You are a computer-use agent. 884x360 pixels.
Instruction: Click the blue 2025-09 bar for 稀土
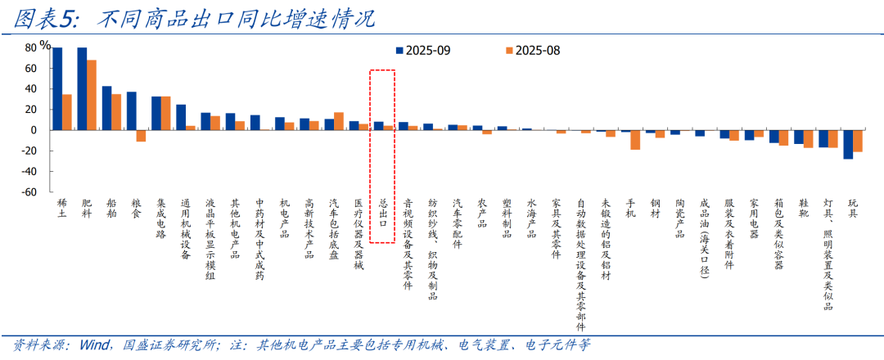tap(57, 88)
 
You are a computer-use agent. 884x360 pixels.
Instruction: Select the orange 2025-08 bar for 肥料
tap(92, 95)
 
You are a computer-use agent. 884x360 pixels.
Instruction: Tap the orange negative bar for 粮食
tap(141, 136)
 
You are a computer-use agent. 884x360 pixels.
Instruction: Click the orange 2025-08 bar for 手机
tap(635, 140)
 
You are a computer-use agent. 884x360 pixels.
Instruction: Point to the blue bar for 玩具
tap(848, 144)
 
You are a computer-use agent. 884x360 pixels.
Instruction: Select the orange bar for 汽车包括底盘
tap(339, 121)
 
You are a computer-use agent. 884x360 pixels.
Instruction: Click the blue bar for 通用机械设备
tap(181, 117)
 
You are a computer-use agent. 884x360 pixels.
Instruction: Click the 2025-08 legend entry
tap(532, 50)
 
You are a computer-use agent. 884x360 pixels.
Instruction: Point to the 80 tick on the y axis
tap(30, 47)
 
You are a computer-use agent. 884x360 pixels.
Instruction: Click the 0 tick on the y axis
tap(34, 130)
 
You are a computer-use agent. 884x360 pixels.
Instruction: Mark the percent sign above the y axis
tap(44, 45)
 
